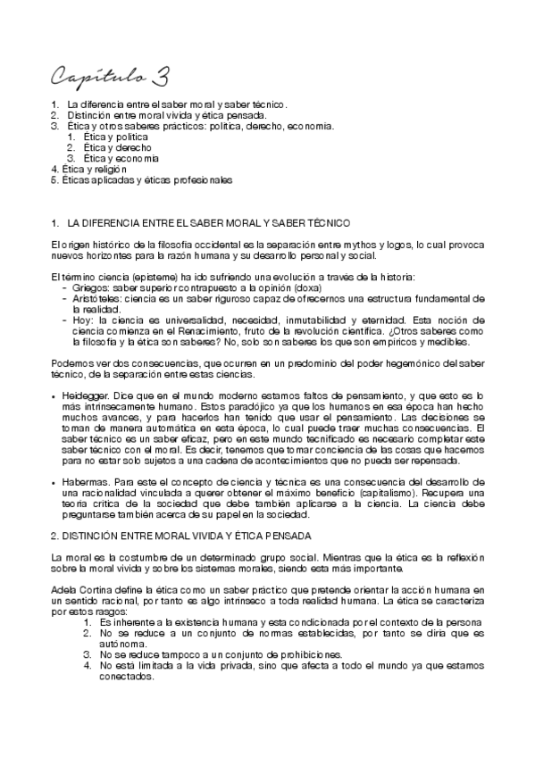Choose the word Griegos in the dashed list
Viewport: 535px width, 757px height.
tap(90, 288)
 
